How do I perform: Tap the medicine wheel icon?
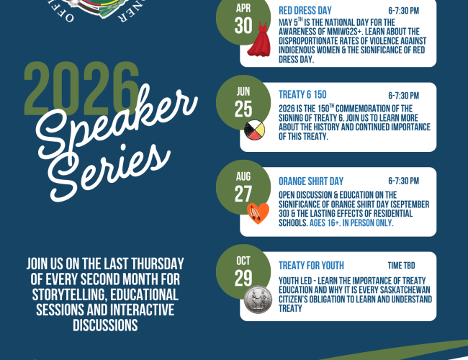point(255,131)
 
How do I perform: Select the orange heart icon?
point(257,212)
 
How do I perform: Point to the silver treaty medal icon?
point(256,300)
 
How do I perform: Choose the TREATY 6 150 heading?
point(303,94)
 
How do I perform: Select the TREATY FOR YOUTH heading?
point(311,265)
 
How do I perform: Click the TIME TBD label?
point(402,265)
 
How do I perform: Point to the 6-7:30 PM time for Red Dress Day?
point(403,12)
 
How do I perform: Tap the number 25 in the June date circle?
point(243,109)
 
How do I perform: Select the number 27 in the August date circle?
point(243,194)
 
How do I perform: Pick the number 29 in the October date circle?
point(243,279)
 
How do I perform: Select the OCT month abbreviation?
point(243,261)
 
